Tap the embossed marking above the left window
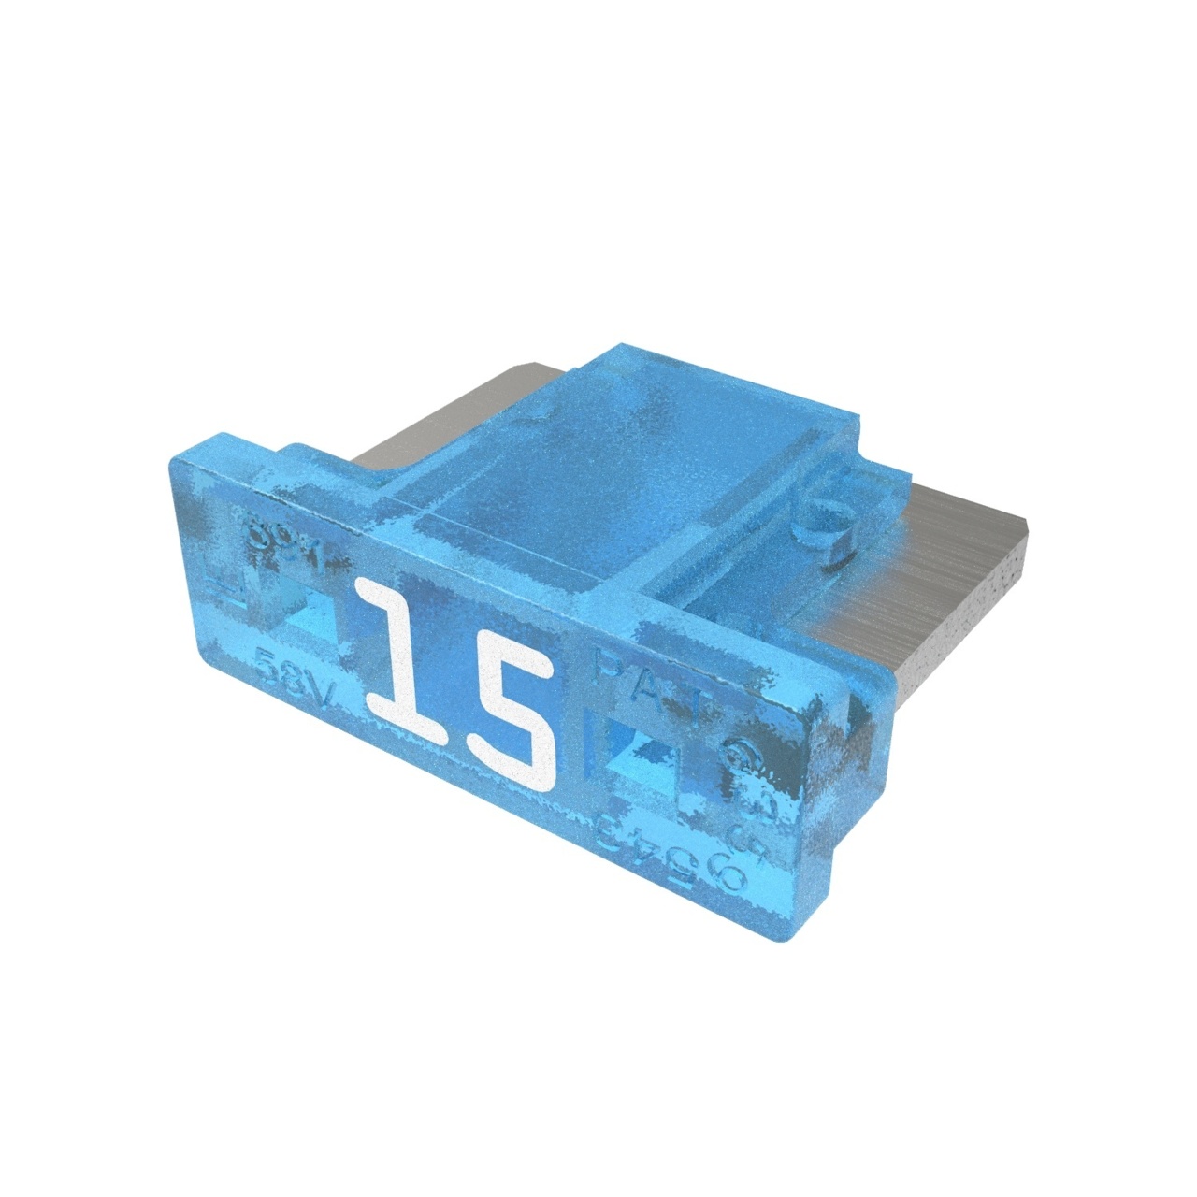(x=281, y=542)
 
